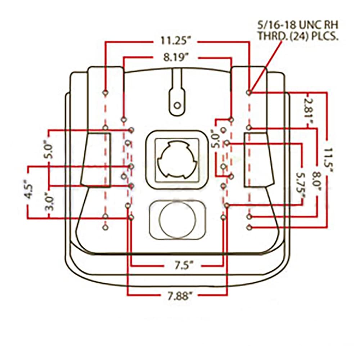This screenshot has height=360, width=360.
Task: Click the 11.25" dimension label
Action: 175,41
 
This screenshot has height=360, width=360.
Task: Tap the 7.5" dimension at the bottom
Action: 183,266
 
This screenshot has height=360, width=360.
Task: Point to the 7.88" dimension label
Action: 179,296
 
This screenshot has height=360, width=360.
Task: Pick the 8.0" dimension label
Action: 316,181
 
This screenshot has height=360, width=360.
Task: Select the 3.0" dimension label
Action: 49,202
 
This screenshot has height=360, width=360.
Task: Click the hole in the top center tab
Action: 177,105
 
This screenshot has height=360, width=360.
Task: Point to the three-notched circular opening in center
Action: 177,159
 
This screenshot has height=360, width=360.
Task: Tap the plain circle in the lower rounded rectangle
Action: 178,220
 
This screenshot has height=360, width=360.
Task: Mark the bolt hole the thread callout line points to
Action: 249,93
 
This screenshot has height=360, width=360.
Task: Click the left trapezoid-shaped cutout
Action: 95,160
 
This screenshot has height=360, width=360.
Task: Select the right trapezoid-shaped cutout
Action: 258,160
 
